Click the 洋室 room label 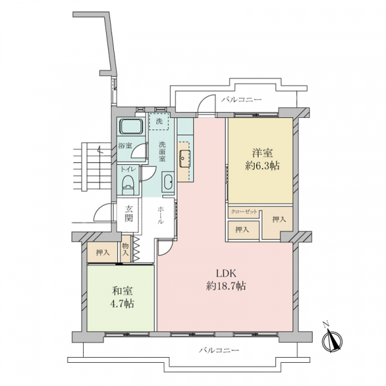[x=260, y=152]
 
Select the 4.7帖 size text [x=120, y=304]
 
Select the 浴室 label [x=125, y=146]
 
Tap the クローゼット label [x=244, y=212]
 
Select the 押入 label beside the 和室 [x=102, y=252]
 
